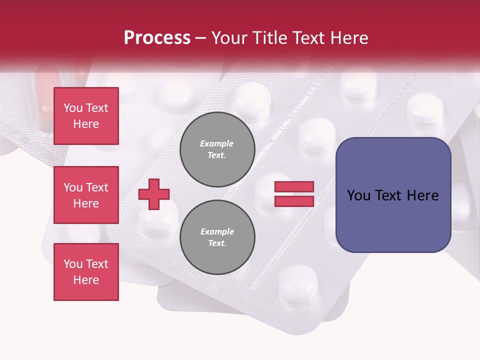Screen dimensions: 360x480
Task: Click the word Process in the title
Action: pos(157,38)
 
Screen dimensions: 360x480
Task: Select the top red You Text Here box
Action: pos(86,116)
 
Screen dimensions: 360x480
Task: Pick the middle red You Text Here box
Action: pos(86,195)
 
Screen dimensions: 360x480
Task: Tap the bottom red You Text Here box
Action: pos(86,272)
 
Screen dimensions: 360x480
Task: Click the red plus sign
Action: pos(154,194)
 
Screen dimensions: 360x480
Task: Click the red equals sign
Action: pos(294,194)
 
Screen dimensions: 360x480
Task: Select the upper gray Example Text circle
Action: pos(217,149)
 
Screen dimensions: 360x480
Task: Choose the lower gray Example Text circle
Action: pos(217,237)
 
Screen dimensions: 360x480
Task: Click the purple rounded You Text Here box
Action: pos(393,195)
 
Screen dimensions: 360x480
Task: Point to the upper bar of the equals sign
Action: pos(294,187)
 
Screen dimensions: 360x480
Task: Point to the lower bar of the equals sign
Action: pos(294,201)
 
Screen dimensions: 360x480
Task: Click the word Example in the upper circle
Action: pos(217,143)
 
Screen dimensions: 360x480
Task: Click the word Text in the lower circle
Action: pos(217,243)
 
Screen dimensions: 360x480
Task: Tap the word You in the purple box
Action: pos(359,195)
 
